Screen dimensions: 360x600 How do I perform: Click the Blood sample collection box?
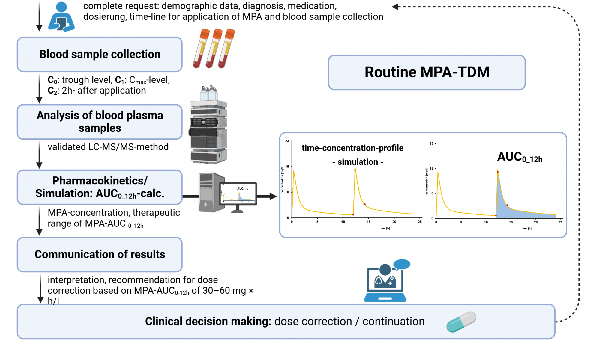click(100, 54)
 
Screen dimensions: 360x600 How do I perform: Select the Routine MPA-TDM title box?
click(427, 72)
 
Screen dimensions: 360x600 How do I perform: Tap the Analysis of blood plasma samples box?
click(100, 121)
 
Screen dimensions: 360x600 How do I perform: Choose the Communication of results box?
click(100, 254)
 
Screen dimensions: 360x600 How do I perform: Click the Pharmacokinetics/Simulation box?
click(100, 187)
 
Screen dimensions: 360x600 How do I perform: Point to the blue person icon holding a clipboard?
click(61, 17)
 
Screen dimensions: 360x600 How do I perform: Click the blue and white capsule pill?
click(461, 322)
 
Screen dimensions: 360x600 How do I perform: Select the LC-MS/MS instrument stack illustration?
click(209, 126)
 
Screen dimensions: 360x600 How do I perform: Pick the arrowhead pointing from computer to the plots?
click(273, 196)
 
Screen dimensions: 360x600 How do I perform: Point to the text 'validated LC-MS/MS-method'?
click(108, 147)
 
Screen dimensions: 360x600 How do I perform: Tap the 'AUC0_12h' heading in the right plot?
click(520, 157)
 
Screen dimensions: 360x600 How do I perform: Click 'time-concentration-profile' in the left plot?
click(352, 148)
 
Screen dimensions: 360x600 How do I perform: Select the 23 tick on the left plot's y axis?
click(287, 141)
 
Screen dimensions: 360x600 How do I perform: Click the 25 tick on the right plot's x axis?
click(560, 222)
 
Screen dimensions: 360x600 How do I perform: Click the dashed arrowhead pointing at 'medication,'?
click(395, 7)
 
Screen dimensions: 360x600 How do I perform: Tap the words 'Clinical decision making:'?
click(208, 322)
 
